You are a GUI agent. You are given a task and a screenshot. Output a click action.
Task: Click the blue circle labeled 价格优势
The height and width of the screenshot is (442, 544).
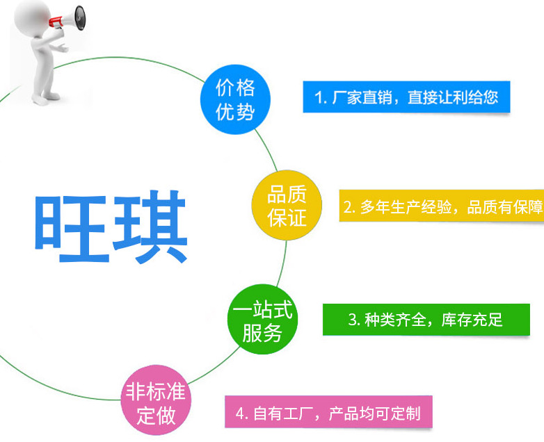pyautogui.click(x=236, y=99)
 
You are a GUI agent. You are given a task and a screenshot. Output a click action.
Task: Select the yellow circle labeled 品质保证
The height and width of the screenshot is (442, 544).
pyautogui.click(x=286, y=206)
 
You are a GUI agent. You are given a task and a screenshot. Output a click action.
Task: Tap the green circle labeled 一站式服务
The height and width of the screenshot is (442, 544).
pyautogui.click(x=262, y=322)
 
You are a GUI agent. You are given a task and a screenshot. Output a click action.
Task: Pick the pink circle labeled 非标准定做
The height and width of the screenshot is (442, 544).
pyautogui.click(x=156, y=404)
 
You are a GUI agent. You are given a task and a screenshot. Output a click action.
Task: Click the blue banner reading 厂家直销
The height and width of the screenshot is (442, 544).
pyautogui.click(x=406, y=97)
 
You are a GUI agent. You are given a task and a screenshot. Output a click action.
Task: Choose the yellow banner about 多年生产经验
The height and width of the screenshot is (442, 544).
pyautogui.click(x=442, y=206)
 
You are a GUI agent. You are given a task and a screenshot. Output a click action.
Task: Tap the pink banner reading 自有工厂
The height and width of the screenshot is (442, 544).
pyautogui.click(x=328, y=414)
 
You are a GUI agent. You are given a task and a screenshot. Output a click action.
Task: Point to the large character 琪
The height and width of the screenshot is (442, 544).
pyautogui.click(x=149, y=226)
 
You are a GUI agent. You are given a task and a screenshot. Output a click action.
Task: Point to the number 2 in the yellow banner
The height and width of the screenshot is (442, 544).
pyautogui.click(x=349, y=207)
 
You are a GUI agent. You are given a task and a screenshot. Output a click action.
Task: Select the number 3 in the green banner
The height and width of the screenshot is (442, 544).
pyautogui.click(x=353, y=320)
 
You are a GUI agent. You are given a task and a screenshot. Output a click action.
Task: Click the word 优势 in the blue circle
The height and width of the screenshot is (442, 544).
pyautogui.click(x=236, y=111)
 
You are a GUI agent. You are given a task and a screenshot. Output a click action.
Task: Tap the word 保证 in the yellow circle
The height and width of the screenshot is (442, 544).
pyautogui.click(x=287, y=218)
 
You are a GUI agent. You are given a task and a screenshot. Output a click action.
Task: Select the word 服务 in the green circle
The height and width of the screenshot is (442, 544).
pyautogui.click(x=262, y=334)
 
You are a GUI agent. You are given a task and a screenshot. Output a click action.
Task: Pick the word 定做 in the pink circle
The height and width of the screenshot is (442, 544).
pyautogui.click(x=156, y=416)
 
